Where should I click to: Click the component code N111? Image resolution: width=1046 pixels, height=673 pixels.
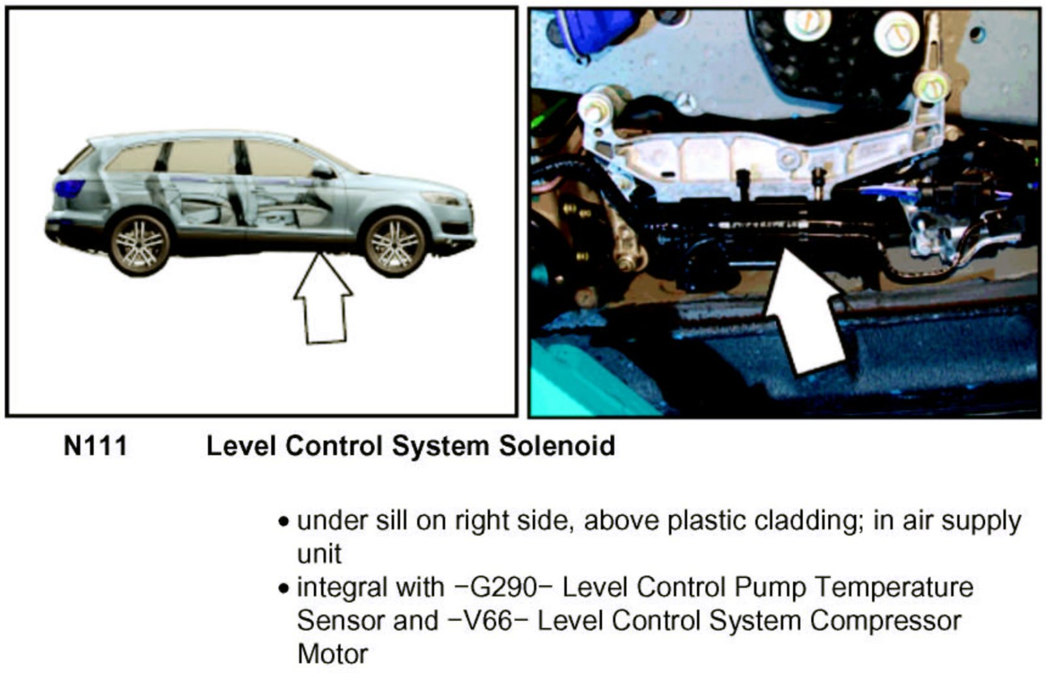coord(95,446)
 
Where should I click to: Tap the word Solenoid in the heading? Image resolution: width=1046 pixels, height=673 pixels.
coord(557,446)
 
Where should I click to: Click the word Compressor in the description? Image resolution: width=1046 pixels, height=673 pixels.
coord(886,620)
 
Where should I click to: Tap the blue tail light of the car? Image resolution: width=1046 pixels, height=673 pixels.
coord(69,188)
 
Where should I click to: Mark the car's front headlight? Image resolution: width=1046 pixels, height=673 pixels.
coord(442,199)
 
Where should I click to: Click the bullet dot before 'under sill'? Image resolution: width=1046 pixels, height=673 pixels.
coord(283,523)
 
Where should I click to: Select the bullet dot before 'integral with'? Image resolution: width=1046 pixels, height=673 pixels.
coord(283,588)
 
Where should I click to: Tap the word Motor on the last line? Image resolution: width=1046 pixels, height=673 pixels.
coord(332,653)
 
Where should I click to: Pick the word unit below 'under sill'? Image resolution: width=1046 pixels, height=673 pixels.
coord(319,554)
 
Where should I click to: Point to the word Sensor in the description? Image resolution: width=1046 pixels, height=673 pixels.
coord(340,620)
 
